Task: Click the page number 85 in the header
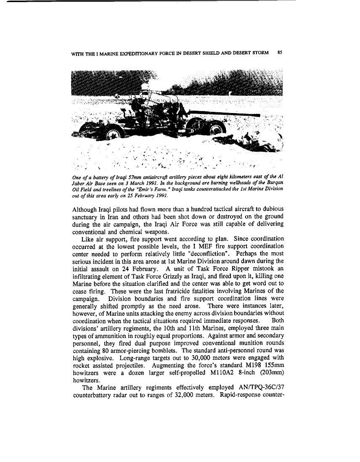tap(280, 53)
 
